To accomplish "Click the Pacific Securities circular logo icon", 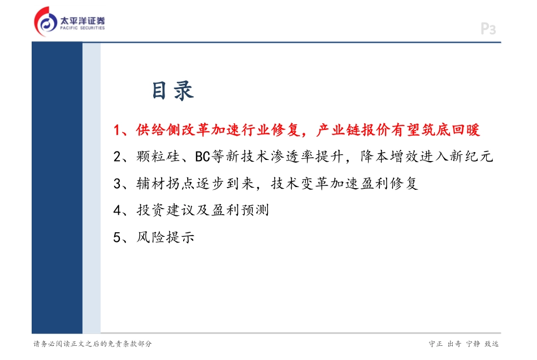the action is click(46, 21).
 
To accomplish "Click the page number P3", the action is click(488, 29).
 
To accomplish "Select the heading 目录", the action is click(173, 91).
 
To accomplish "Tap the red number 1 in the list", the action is click(117, 130).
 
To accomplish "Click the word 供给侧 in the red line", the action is click(158, 130).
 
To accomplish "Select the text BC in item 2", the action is click(202, 157).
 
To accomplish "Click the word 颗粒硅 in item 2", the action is click(158, 157).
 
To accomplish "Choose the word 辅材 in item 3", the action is click(151, 183).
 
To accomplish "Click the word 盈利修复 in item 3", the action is click(389, 183).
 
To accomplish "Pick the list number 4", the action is click(117, 210).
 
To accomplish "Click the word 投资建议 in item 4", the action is click(166, 210).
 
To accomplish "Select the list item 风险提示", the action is click(166, 237).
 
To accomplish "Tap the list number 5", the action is click(117, 237).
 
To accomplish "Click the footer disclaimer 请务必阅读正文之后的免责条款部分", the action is click(93, 344).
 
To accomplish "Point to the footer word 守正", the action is click(436, 344).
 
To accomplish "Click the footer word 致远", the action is click(491, 344).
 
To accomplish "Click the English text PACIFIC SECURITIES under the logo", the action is click(83, 28).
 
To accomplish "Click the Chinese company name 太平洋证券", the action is click(83, 20).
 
